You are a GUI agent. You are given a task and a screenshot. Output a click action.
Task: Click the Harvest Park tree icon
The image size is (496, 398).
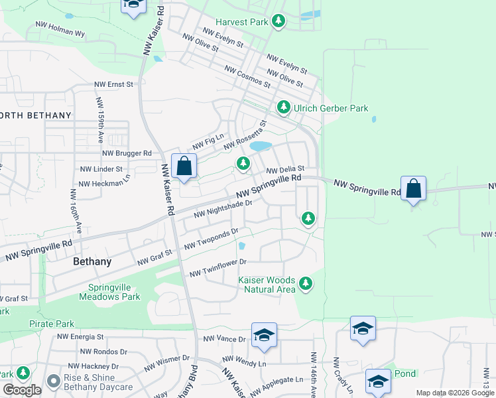(x=279, y=22)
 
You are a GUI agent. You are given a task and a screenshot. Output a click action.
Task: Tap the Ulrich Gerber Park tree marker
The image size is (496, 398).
(x=284, y=107)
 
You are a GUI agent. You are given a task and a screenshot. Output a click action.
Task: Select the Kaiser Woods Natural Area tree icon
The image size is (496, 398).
(x=306, y=284)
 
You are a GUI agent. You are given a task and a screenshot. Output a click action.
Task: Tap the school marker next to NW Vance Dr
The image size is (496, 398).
(x=264, y=335)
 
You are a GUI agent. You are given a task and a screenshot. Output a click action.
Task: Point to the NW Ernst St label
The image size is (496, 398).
(x=114, y=85)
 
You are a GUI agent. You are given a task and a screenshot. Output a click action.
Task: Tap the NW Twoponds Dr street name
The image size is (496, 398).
(x=211, y=239)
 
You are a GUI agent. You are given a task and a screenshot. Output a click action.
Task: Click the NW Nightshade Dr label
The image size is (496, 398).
(x=223, y=210)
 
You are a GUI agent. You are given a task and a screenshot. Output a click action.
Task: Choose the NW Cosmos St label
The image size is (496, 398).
(x=247, y=76)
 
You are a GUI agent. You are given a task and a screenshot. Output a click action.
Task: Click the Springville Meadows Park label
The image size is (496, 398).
(x=115, y=293)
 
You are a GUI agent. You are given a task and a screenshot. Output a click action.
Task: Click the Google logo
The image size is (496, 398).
(x=22, y=390)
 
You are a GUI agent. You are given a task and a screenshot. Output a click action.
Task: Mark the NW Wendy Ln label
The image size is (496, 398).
(x=244, y=364)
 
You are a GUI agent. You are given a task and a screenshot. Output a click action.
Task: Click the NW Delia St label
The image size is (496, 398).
(x=285, y=170)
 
